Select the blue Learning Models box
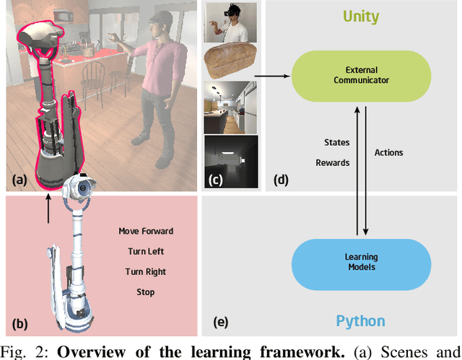[x=360, y=261]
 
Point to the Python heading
[x=360, y=321]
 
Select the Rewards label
[x=332, y=163]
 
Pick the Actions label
[x=388, y=153]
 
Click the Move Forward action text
[x=146, y=232]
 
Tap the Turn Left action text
[x=146, y=252]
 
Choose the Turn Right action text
[x=146, y=272]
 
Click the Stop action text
[x=146, y=292]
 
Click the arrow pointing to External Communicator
[x=274, y=74]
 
